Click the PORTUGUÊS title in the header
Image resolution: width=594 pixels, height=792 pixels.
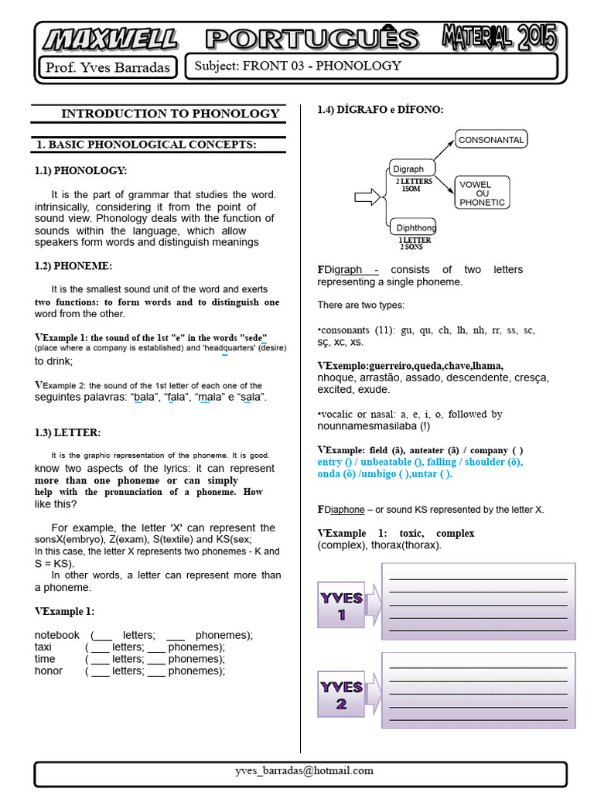[312, 39]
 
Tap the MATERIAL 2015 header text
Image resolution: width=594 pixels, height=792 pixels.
[498, 37]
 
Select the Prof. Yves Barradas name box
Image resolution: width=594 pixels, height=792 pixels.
[108, 67]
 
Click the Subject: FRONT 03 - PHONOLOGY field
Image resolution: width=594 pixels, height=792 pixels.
[371, 66]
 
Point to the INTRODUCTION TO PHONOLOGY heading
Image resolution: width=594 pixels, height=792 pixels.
[170, 114]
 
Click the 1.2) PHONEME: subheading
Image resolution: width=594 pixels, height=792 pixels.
[73, 266]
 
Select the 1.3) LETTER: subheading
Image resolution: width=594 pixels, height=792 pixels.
[67, 432]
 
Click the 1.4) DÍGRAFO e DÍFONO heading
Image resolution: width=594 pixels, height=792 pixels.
[381, 110]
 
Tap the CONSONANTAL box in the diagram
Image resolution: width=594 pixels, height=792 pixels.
[491, 140]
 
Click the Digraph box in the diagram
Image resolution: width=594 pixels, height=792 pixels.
[410, 169]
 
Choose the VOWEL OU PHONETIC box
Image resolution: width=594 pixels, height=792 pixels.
[483, 193]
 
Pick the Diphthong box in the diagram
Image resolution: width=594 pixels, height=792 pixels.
[415, 227]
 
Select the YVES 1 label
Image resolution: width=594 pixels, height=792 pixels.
[341, 606]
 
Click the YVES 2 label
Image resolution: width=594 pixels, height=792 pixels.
[341, 695]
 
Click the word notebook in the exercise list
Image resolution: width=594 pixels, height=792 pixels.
[56, 635]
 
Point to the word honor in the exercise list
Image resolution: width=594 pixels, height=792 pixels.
[49, 671]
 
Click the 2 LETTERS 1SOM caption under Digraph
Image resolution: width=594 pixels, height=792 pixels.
[415, 185]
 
